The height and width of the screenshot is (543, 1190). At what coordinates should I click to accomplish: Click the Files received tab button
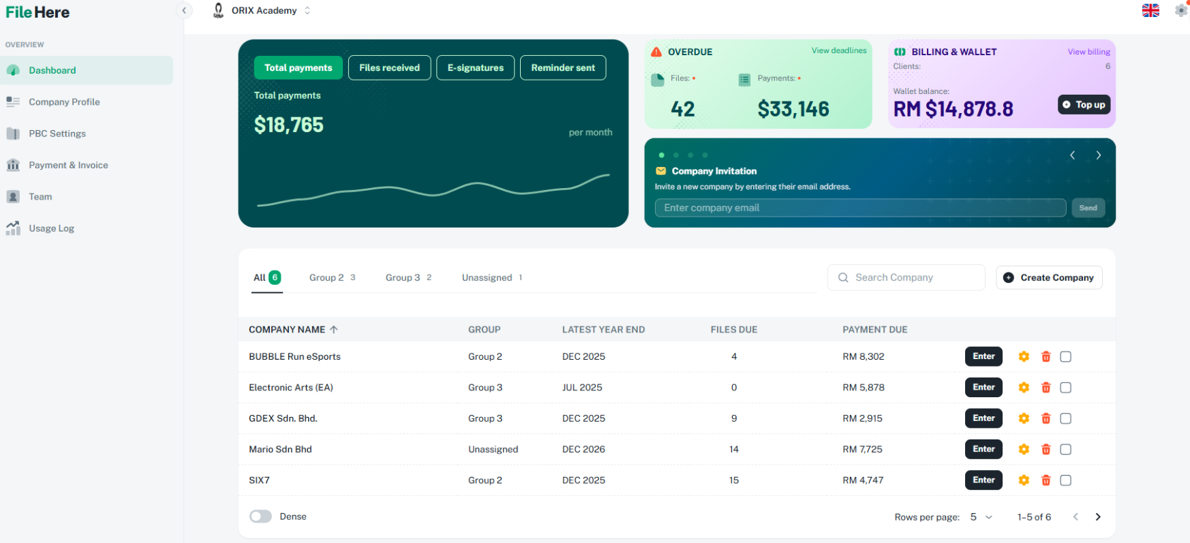click(389, 67)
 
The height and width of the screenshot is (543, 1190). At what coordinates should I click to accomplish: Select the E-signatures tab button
click(475, 67)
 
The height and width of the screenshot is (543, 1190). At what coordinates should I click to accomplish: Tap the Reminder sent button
click(562, 67)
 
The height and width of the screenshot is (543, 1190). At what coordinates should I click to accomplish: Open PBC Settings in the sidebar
click(57, 134)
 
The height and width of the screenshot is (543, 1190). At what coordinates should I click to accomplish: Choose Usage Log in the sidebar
click(51, 228)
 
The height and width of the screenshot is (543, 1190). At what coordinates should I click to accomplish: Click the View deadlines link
click(838, 50)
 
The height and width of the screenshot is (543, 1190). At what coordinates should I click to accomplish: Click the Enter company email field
click(859, 208)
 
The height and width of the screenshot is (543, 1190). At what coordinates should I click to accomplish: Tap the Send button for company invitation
click(1088, 208)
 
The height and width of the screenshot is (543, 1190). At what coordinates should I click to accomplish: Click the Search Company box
click(906, 277)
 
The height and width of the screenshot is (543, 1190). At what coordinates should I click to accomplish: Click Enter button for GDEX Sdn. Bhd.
click(983, 418)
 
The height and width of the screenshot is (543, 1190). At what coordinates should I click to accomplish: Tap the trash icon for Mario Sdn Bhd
click(1046, 450)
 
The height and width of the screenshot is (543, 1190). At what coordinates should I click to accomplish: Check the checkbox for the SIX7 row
click(1066, 480)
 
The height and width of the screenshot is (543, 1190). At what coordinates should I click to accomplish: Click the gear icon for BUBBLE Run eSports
click(1024, 356)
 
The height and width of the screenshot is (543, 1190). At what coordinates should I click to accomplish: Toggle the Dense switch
click(260, 516)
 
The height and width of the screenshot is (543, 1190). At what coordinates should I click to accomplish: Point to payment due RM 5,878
click(863, 388)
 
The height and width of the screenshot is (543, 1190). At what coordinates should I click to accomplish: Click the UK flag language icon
click(1150, 10)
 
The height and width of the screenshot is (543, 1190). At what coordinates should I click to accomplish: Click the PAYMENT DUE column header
click(874, 330)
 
